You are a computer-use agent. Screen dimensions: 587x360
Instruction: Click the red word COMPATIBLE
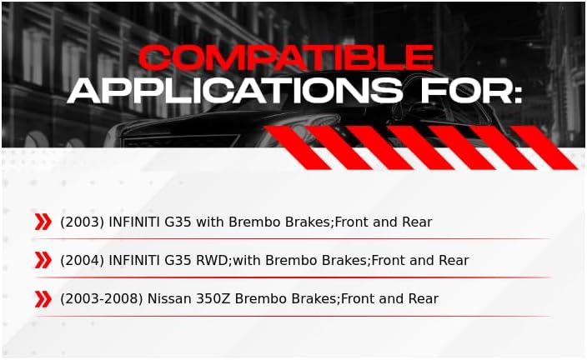tap(286, 57)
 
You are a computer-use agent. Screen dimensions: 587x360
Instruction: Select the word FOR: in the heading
tap(471, 91)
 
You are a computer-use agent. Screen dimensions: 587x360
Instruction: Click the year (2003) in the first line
tap(82, 222)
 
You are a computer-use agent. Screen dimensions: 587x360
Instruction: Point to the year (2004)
tap(82, 260)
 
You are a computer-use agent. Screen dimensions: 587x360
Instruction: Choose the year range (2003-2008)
tap(102, 298)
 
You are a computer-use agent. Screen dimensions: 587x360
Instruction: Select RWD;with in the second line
tap(228, 260)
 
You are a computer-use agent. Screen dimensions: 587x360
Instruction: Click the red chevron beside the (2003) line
tap(43, 222)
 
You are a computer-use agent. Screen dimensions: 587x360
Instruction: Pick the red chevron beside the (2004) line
tap(43, 260)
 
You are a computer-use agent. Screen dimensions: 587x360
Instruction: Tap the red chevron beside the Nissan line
tap(43, 299)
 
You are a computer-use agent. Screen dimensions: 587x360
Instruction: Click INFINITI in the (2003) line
tap(134, 222)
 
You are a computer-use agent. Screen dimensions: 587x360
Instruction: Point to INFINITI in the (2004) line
tap(134, 260)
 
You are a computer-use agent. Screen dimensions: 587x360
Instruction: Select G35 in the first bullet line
tap(178, 222)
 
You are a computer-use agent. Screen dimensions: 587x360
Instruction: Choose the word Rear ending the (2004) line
tap(454, 260)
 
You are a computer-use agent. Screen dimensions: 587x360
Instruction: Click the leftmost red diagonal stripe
tap(298, 147)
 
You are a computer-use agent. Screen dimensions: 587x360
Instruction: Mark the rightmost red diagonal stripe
tap(544, 147)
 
